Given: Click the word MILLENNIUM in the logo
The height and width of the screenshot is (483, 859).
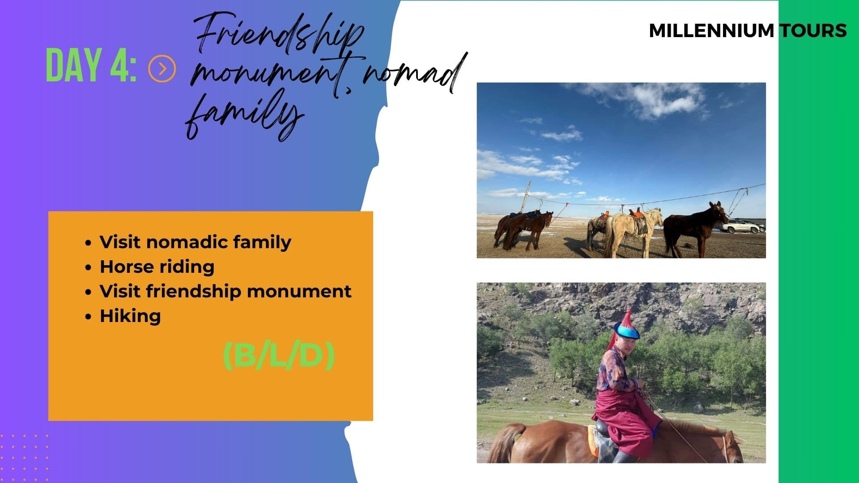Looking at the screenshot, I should (711, 30).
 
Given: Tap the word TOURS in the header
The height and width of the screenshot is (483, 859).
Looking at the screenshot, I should (813, 30).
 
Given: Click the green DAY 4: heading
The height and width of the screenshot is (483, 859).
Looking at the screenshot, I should (91, 66).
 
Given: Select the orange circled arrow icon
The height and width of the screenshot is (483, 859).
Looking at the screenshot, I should (162, 68).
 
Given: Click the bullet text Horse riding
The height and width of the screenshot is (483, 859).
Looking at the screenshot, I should (157, 267).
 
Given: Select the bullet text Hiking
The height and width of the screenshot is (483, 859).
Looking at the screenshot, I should (130, 316).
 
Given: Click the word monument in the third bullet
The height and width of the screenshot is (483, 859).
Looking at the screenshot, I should (299, 291).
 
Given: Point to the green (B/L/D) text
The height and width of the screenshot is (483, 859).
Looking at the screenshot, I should (279, 356).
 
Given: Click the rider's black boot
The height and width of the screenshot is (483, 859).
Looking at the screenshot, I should (624, 456).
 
